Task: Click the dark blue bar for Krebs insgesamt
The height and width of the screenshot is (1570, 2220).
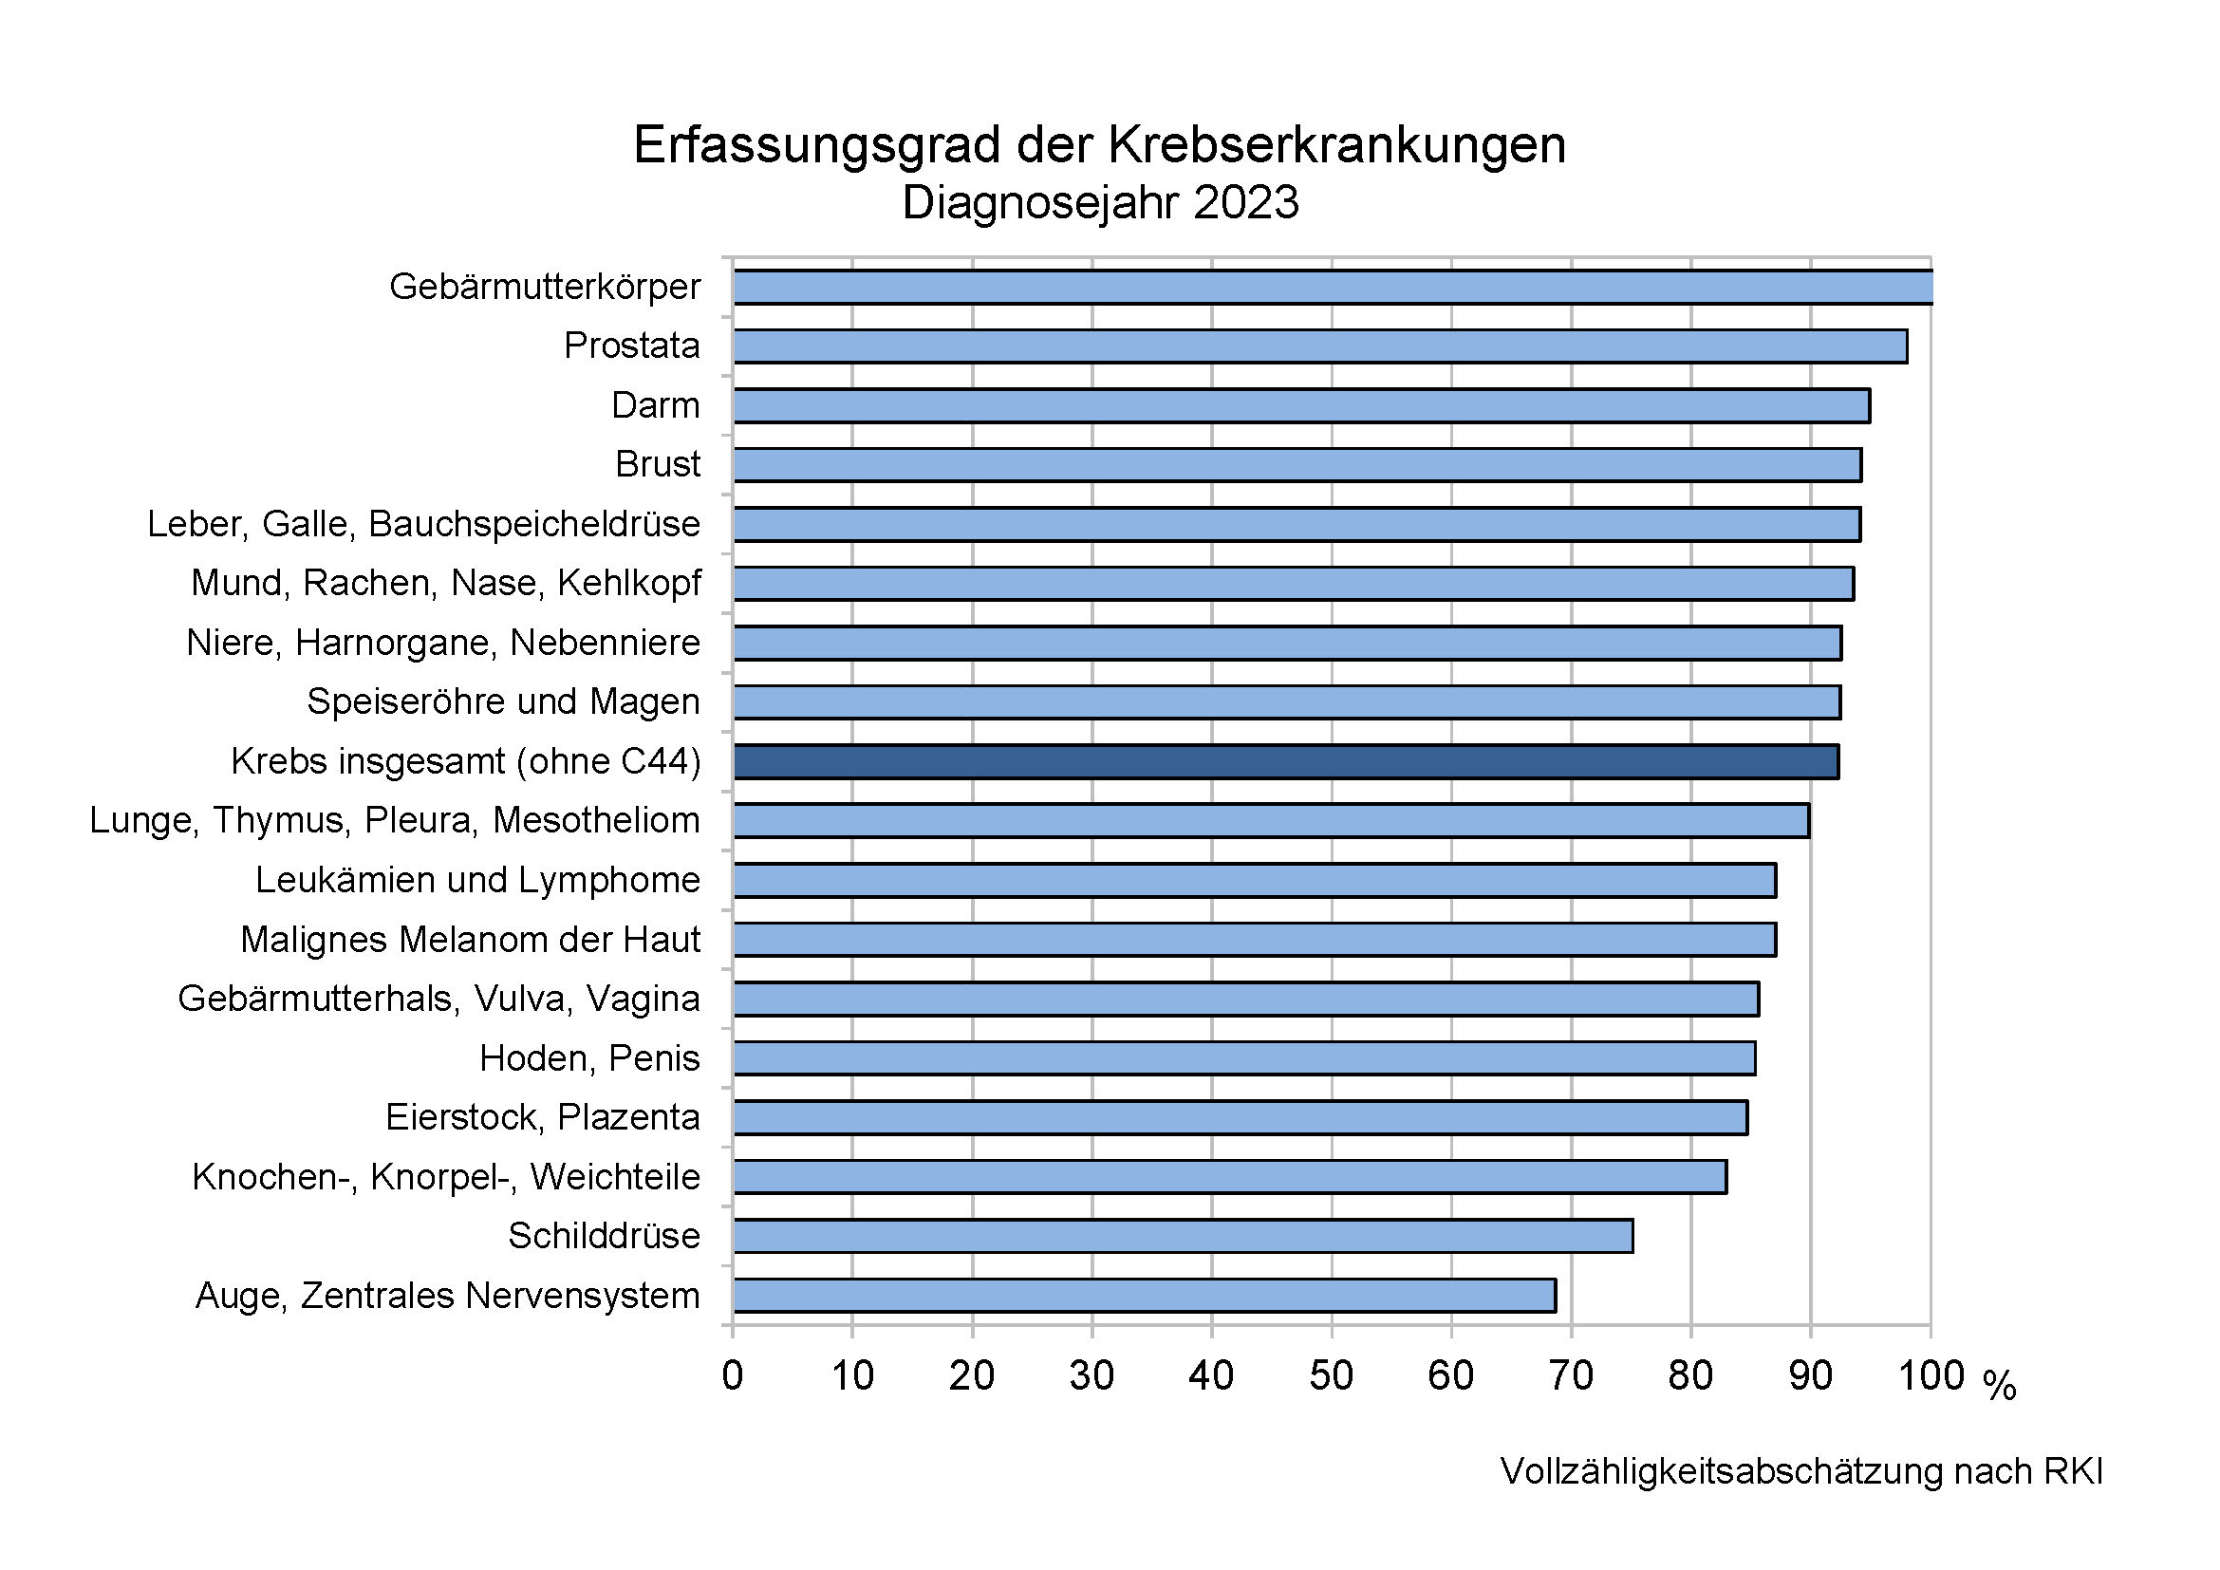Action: [1285, 762]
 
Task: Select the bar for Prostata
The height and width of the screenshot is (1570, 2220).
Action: [1320, 346]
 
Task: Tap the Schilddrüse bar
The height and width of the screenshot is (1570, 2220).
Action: [1183, 1236]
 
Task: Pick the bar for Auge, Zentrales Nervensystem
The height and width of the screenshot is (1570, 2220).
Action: [1144, 1296]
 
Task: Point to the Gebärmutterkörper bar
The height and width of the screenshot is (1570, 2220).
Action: [1333, 287]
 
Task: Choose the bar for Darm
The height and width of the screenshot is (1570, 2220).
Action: [1301, 406]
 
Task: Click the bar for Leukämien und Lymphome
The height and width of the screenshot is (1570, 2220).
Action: [1254, 881]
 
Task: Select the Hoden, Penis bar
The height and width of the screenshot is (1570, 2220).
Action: [1244, 1058]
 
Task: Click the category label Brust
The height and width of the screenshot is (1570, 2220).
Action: [658, 465]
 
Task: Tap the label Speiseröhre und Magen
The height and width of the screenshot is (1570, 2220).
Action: [503, 701]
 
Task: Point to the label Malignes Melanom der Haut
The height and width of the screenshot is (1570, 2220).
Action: [470, 940]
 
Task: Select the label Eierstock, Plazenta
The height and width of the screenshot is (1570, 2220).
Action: [543, 1117]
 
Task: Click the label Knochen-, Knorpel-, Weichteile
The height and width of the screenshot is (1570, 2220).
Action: [446, 1177]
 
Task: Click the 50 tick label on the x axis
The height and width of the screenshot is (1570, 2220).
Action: [1331, 1375]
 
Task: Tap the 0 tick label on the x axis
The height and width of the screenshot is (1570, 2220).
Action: [732, 1375]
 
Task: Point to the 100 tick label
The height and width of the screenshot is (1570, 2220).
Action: [1931, 1375]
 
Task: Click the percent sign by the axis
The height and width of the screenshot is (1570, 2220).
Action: [2000, 1385]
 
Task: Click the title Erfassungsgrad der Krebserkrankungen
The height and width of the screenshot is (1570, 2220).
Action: [1099, 146]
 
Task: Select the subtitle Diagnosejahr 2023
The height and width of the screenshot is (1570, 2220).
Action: [1099, 203]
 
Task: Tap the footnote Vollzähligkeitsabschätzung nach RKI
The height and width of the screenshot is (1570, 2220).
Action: [1801, 1471]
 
